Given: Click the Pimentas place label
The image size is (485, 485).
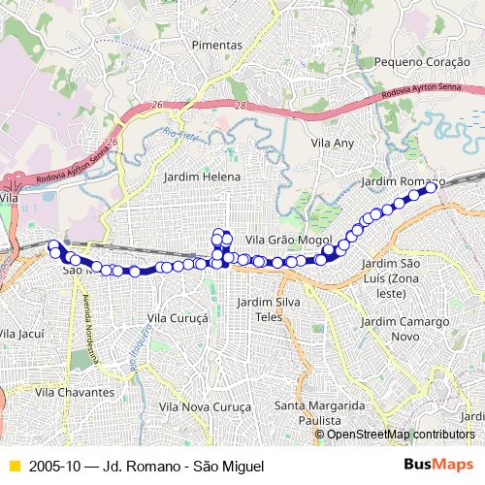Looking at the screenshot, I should point(216,46).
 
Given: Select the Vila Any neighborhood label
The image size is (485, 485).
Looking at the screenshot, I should point(333,143).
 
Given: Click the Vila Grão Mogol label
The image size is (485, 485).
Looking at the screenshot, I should point(289,240).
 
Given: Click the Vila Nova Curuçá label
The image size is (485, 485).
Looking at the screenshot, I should point(205,406).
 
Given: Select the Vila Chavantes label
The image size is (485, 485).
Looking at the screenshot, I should point(74,393).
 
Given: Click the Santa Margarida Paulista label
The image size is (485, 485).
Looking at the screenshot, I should point(319,412).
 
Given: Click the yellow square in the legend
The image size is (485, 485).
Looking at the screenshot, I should point(13,467).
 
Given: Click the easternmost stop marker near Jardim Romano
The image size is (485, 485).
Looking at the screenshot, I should point(432,188).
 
